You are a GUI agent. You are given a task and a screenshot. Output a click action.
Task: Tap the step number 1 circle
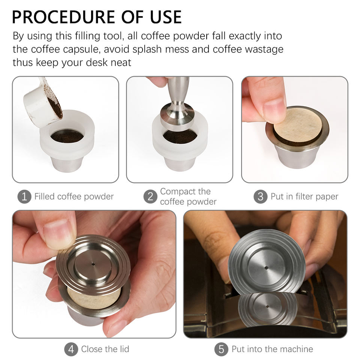pos(24,196)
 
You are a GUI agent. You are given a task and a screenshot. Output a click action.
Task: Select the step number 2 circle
pos(150,196)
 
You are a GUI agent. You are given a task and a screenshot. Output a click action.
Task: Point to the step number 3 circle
pos(260,196)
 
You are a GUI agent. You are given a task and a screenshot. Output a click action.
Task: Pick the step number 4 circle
pos(71,349)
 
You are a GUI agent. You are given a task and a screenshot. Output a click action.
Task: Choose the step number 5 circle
pos(221,349)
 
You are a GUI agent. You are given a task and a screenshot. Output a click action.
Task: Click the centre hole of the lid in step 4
pos(93,264)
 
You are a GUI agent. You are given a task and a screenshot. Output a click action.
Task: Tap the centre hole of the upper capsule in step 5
pos(266,268)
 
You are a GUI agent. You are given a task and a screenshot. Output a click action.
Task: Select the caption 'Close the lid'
pos(105,349)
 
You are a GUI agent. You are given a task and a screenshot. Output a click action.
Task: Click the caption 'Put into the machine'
pos(272,349)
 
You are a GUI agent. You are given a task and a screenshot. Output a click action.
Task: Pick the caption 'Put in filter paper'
pos(304,196)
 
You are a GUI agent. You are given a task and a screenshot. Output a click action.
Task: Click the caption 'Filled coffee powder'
pos(74,196)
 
